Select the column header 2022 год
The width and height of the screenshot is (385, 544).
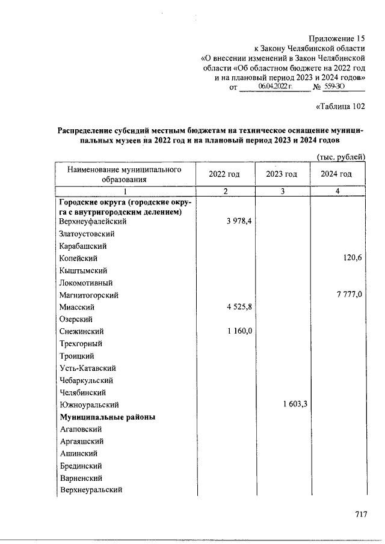224,174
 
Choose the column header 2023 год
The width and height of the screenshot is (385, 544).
282,174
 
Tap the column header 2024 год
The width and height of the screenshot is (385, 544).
336,174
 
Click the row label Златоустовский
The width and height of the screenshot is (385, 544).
87,234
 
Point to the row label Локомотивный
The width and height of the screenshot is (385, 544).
86,283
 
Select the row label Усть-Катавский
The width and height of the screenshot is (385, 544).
88,368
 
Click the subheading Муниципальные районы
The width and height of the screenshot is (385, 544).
108,417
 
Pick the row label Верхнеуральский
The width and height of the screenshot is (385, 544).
91,490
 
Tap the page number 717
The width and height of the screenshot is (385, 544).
360,515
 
